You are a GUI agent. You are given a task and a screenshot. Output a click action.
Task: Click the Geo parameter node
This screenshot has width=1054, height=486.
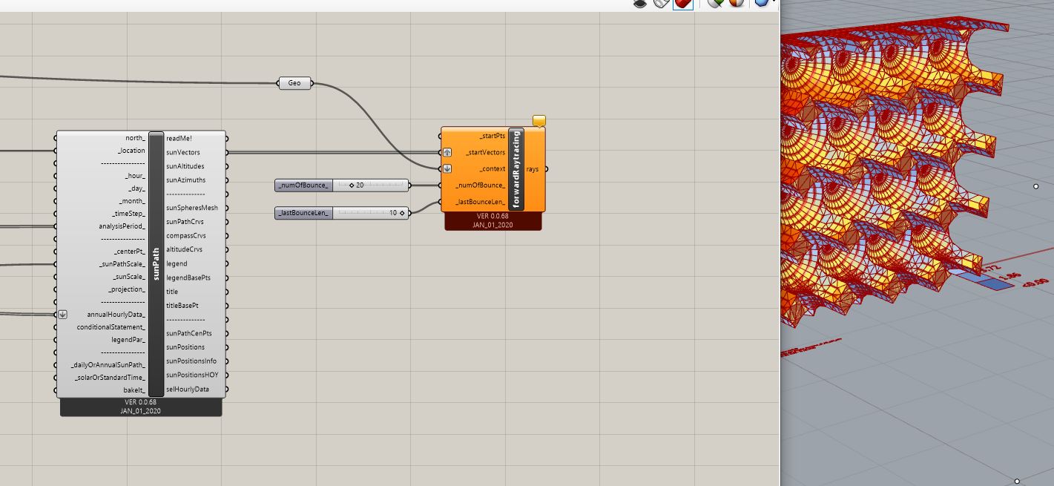294,83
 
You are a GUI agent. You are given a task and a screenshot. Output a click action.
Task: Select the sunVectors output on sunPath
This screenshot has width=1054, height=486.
183,152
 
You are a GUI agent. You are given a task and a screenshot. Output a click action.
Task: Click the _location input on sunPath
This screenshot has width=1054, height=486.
131,151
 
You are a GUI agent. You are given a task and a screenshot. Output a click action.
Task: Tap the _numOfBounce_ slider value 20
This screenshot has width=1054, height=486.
359,185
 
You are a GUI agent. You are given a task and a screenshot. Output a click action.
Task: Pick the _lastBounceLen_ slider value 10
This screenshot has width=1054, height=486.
393,213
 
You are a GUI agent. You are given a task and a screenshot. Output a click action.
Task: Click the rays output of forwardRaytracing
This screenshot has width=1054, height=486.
533,169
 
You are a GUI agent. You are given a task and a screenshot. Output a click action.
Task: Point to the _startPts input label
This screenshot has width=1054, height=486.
492,137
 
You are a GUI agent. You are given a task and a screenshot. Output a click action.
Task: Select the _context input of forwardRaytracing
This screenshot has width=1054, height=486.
493,168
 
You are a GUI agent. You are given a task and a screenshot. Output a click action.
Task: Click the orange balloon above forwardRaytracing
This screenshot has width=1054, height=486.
539,120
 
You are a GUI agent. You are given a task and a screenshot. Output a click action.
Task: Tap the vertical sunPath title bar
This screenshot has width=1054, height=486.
156,264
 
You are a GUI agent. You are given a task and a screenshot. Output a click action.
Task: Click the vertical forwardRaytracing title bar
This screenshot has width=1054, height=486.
516,169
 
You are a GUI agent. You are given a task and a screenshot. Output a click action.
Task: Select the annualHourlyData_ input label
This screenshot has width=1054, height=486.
116,314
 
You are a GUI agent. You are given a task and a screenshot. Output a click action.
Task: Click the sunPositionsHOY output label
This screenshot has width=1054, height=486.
192,375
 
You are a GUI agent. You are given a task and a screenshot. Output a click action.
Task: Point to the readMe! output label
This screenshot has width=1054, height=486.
179,138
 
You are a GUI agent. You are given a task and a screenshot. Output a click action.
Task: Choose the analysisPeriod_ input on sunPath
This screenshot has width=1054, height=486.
122,226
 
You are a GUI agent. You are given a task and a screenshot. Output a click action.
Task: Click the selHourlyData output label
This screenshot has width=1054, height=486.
188,389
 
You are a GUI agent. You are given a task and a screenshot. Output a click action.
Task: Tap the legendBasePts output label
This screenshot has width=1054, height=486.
188,278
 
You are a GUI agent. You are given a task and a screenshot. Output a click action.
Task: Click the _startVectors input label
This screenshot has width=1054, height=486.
486,152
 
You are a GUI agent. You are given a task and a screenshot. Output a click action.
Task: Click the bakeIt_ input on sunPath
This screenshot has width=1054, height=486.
134,390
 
